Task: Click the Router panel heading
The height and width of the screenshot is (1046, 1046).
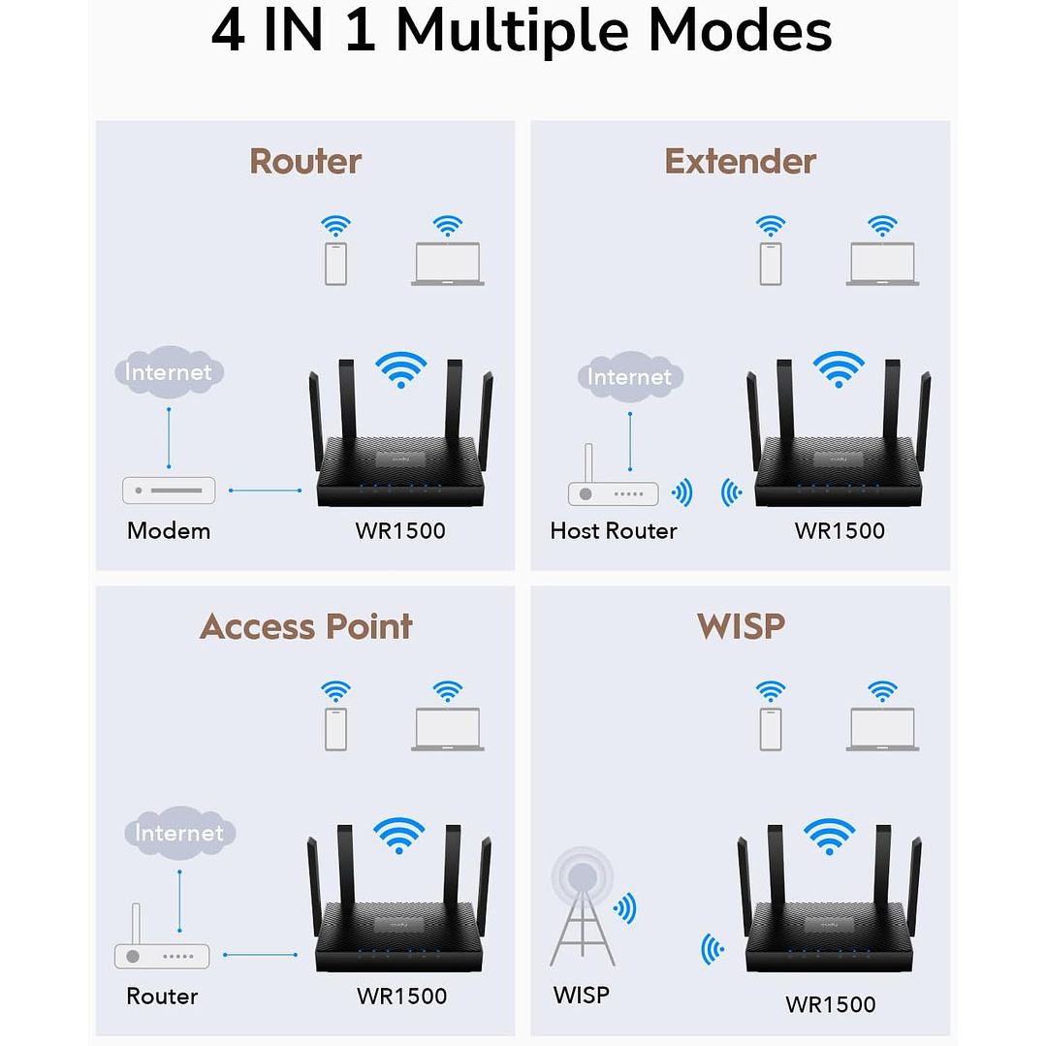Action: click(305, 161)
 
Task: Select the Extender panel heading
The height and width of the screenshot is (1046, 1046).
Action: click(740, 161)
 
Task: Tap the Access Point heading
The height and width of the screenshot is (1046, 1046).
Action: click(305, 626)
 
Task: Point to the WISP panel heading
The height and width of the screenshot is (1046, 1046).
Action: click(740, 626)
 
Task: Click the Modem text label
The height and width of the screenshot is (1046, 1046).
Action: click(169, 530)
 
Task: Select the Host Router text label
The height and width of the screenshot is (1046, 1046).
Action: click(613, 530)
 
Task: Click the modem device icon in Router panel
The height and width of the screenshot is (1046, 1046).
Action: click(169, 491)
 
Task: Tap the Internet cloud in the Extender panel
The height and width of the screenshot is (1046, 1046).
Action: click(629, 377)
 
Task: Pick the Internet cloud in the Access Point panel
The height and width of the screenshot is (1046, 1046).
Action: click(179, 833)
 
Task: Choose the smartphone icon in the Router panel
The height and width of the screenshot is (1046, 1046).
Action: click(335, 264)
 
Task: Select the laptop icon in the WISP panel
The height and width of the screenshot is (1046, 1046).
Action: click(882, 729)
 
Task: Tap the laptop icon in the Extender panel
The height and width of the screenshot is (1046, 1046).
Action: click(882, 264)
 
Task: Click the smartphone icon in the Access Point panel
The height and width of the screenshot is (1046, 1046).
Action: click(335, 729)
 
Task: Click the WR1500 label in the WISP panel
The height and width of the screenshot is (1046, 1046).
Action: click(830, 1004)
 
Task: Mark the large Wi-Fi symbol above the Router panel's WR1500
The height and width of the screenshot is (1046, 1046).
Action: click(401, 369)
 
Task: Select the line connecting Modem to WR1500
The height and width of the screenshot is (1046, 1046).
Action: click(265, 491)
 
